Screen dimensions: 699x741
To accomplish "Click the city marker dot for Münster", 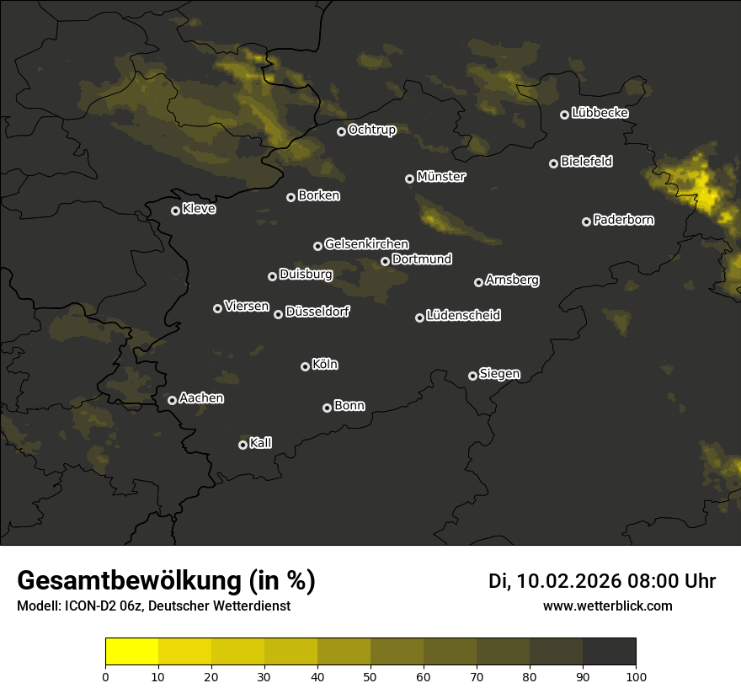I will pyautogui.click(x=410, y=179).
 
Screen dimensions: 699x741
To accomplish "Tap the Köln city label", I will pyautogui.click(x=325, y=365).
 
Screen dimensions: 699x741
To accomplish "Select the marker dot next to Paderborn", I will pyautogui.click(x=587, y=221).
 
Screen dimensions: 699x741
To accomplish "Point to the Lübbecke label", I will pyautogui.click(x=600, y=113).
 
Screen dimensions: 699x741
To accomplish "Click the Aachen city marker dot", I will pyautogui.click(x=173, y=400).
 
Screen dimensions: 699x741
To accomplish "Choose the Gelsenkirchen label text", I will pyautogui.click(x=366, y=244).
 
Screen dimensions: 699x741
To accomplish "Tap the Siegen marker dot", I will pyautogui.click(x=472, y=376).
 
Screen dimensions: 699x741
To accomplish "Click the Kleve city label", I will pyautogui.click(x=199, y=209).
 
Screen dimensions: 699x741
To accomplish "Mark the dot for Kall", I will pyautogui.click(x=243, y=445).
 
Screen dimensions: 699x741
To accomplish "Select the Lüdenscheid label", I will pyautogui.click(x=463, y=316).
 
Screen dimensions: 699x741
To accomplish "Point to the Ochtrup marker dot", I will pyautogui.click(x=342, y=131).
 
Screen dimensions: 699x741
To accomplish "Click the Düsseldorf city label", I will pyautogui.click(x=317, y=312).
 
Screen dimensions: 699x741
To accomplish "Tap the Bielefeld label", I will pyautogui.click(x=586, y=162).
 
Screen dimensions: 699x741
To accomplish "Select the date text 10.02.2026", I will pyautogui.click(x=569, y=581).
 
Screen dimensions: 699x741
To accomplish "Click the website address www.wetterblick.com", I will pyautogui.click(x=607, y=606).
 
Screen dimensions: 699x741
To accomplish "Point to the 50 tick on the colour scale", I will pyautogui.click(x=370, y=675).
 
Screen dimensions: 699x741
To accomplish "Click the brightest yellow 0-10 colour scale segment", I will pyautogui.click(x=132, y=652).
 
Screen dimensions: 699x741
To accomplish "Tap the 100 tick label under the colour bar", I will pyautogui.click(x=636, y=675).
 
